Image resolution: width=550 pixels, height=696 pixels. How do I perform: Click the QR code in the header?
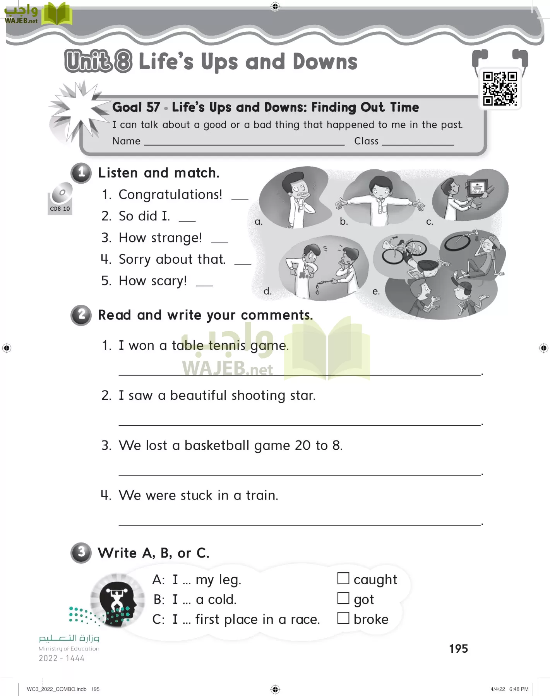(x=500, y=89)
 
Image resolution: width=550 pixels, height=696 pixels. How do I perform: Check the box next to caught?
(x=343, y=578)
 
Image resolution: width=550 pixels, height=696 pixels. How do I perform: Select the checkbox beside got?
(x=343, y=598)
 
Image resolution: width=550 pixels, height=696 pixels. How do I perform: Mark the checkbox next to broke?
(x=343, y=618)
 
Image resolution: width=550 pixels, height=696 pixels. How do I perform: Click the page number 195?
(x=458, y=648)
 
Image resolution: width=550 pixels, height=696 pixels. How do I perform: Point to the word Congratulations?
(x=170, y=194)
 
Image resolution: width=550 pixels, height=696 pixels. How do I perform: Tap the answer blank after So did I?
(x=187, y=220)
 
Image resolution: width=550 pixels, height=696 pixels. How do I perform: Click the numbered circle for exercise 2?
(x=81, y=315)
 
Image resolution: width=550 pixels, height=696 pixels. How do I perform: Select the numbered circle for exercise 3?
(x=81, y=552)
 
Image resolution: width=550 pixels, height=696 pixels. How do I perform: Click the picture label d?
(x=267, y=291)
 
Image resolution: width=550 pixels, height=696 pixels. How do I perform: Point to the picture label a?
(x=259, y=222)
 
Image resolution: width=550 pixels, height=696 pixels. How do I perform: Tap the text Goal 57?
(x=136, y=107)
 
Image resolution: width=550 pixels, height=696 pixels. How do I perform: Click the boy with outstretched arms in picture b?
(x=379, y=199)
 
